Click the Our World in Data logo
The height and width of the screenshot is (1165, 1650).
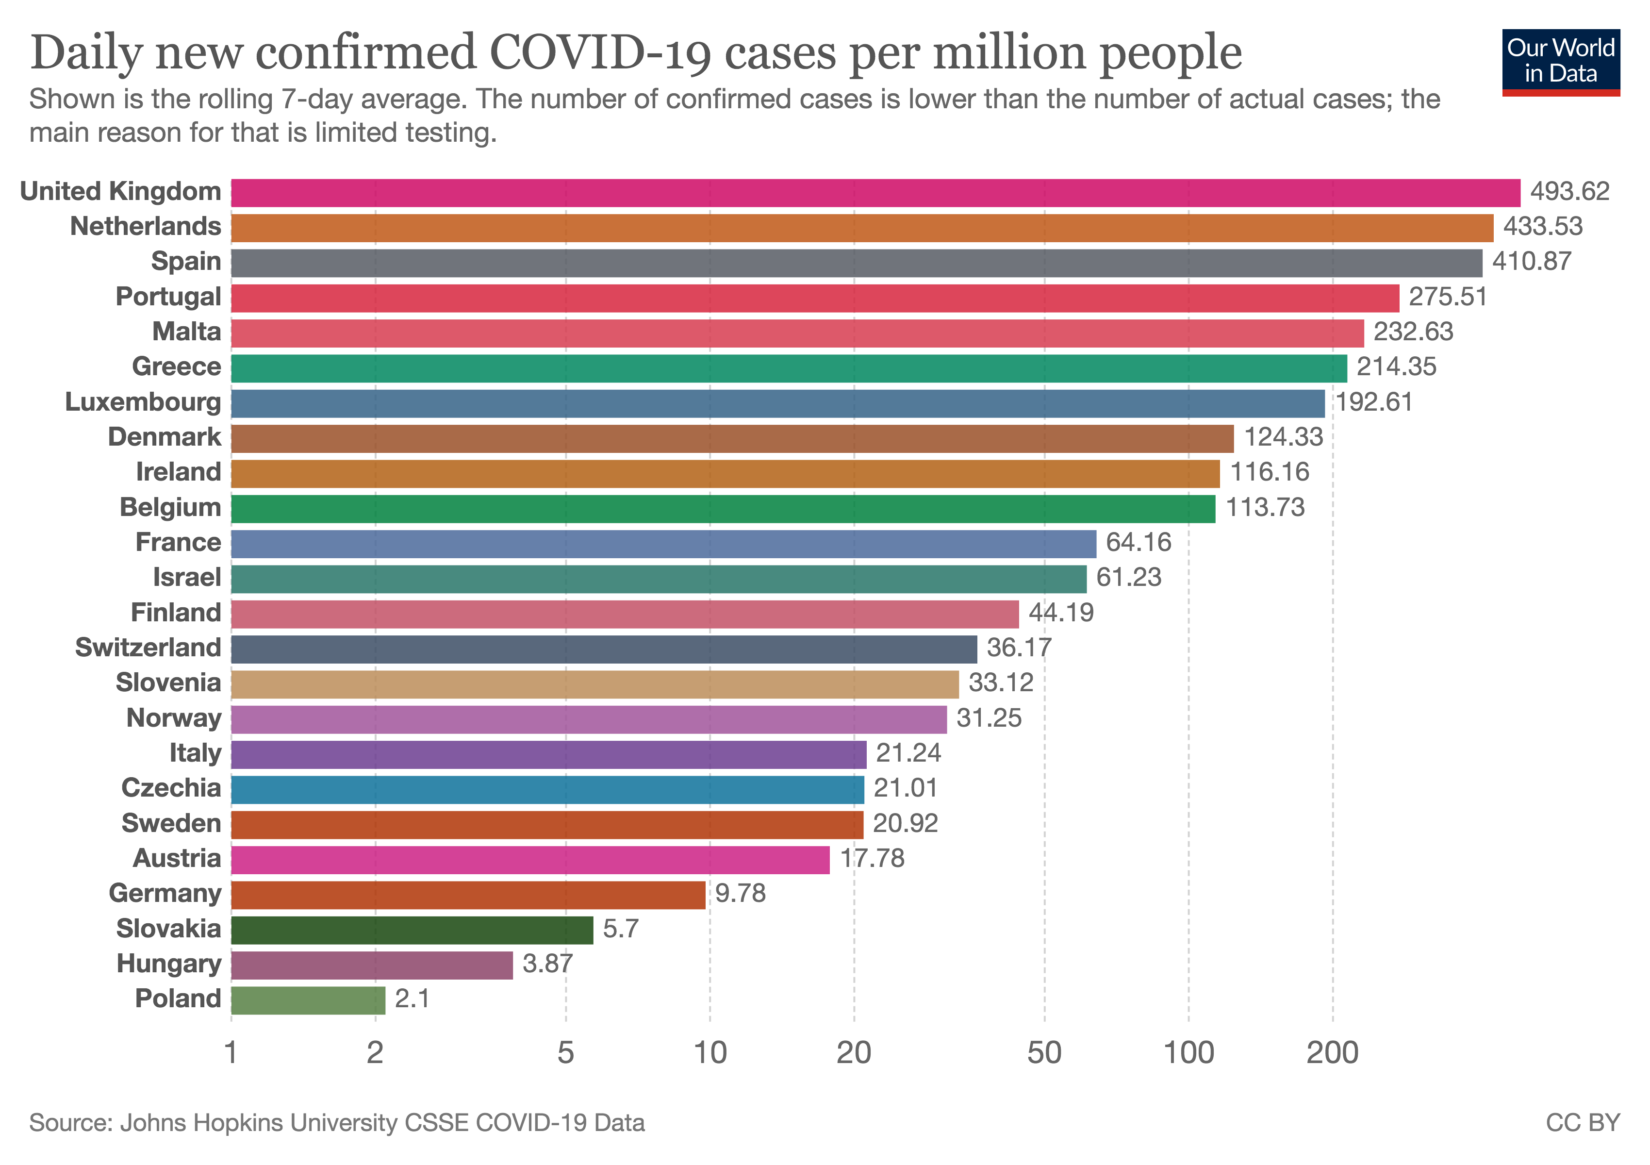[x=1560, y=62]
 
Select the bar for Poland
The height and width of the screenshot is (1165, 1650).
[x=308, y=999]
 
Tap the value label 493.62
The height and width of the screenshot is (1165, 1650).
[x=1569, y=192]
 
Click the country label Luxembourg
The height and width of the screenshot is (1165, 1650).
[x=143, y=402]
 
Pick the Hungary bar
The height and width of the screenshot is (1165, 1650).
[x=372, y=965]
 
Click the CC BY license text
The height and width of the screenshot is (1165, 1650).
[x=1583, y=1123]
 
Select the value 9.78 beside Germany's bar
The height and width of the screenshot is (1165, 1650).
[x=740, y=893]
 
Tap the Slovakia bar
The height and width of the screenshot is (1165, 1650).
[x=412, y=929]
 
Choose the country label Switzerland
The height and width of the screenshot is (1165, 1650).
[x=148, y=648]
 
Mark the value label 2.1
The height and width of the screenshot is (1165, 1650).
[x=412, y=999]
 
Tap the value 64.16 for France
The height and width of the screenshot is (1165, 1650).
[x=1138, y=543]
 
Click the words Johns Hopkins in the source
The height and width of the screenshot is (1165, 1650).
[x=201, y=1123]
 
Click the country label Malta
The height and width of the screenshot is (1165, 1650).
[x=187, y=332]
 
